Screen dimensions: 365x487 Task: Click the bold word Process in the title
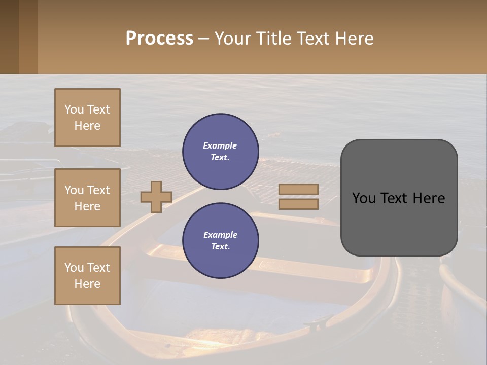[x=159, y=39]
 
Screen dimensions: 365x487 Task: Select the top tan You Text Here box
[x=87, y=118]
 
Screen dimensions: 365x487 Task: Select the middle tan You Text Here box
[x=87, y=198]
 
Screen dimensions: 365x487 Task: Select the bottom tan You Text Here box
[x=87, y=276]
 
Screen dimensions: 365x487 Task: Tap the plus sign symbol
[x=156, y=197]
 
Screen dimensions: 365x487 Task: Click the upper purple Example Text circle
[x=220, y=152]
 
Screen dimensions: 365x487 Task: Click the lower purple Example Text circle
[x=220, y=241]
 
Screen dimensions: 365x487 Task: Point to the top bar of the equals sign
[x=298, y=189]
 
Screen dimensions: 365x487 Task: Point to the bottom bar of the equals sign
[x=298, y=204]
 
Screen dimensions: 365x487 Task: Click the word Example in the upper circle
[x=220, y=146]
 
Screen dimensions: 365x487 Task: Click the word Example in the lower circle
[x=220, y=235]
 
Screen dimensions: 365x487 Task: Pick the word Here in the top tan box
[x=87, y=126]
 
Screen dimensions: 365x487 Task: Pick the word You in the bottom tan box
[x=74, y=268]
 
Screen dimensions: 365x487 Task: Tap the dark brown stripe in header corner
[x=9, y=36]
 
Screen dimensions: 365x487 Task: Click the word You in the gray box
[x=364, y=198]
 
